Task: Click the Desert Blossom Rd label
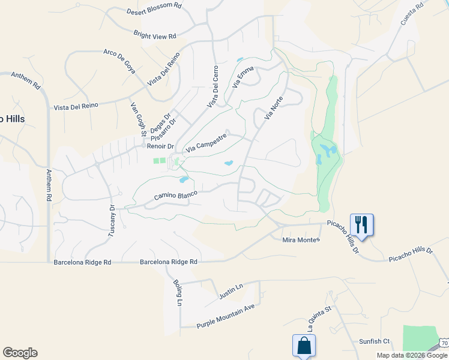click(154, 11)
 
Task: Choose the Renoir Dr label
click(160, 146)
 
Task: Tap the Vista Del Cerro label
click(212, 88)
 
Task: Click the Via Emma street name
click(243, 78)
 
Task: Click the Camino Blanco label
click(172, 196)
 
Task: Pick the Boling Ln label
click(177, 293)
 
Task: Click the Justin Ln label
click(231, 291)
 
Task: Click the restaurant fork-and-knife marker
click(361, 224)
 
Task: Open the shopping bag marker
click(304, 346)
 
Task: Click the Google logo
click(20, 353)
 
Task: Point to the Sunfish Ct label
click(374, 341)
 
